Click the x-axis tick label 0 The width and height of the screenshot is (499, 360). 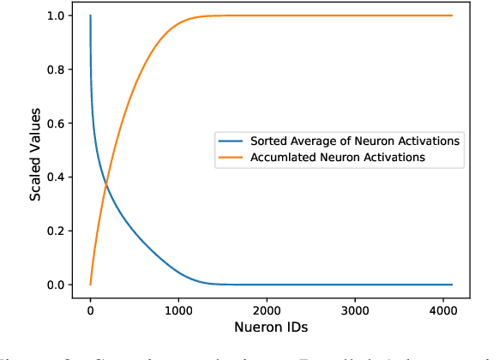90,309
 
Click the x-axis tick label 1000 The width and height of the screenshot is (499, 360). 178,309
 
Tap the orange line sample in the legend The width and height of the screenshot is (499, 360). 231,158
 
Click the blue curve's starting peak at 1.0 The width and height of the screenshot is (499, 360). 90,15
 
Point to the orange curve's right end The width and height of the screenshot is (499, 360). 452,15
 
